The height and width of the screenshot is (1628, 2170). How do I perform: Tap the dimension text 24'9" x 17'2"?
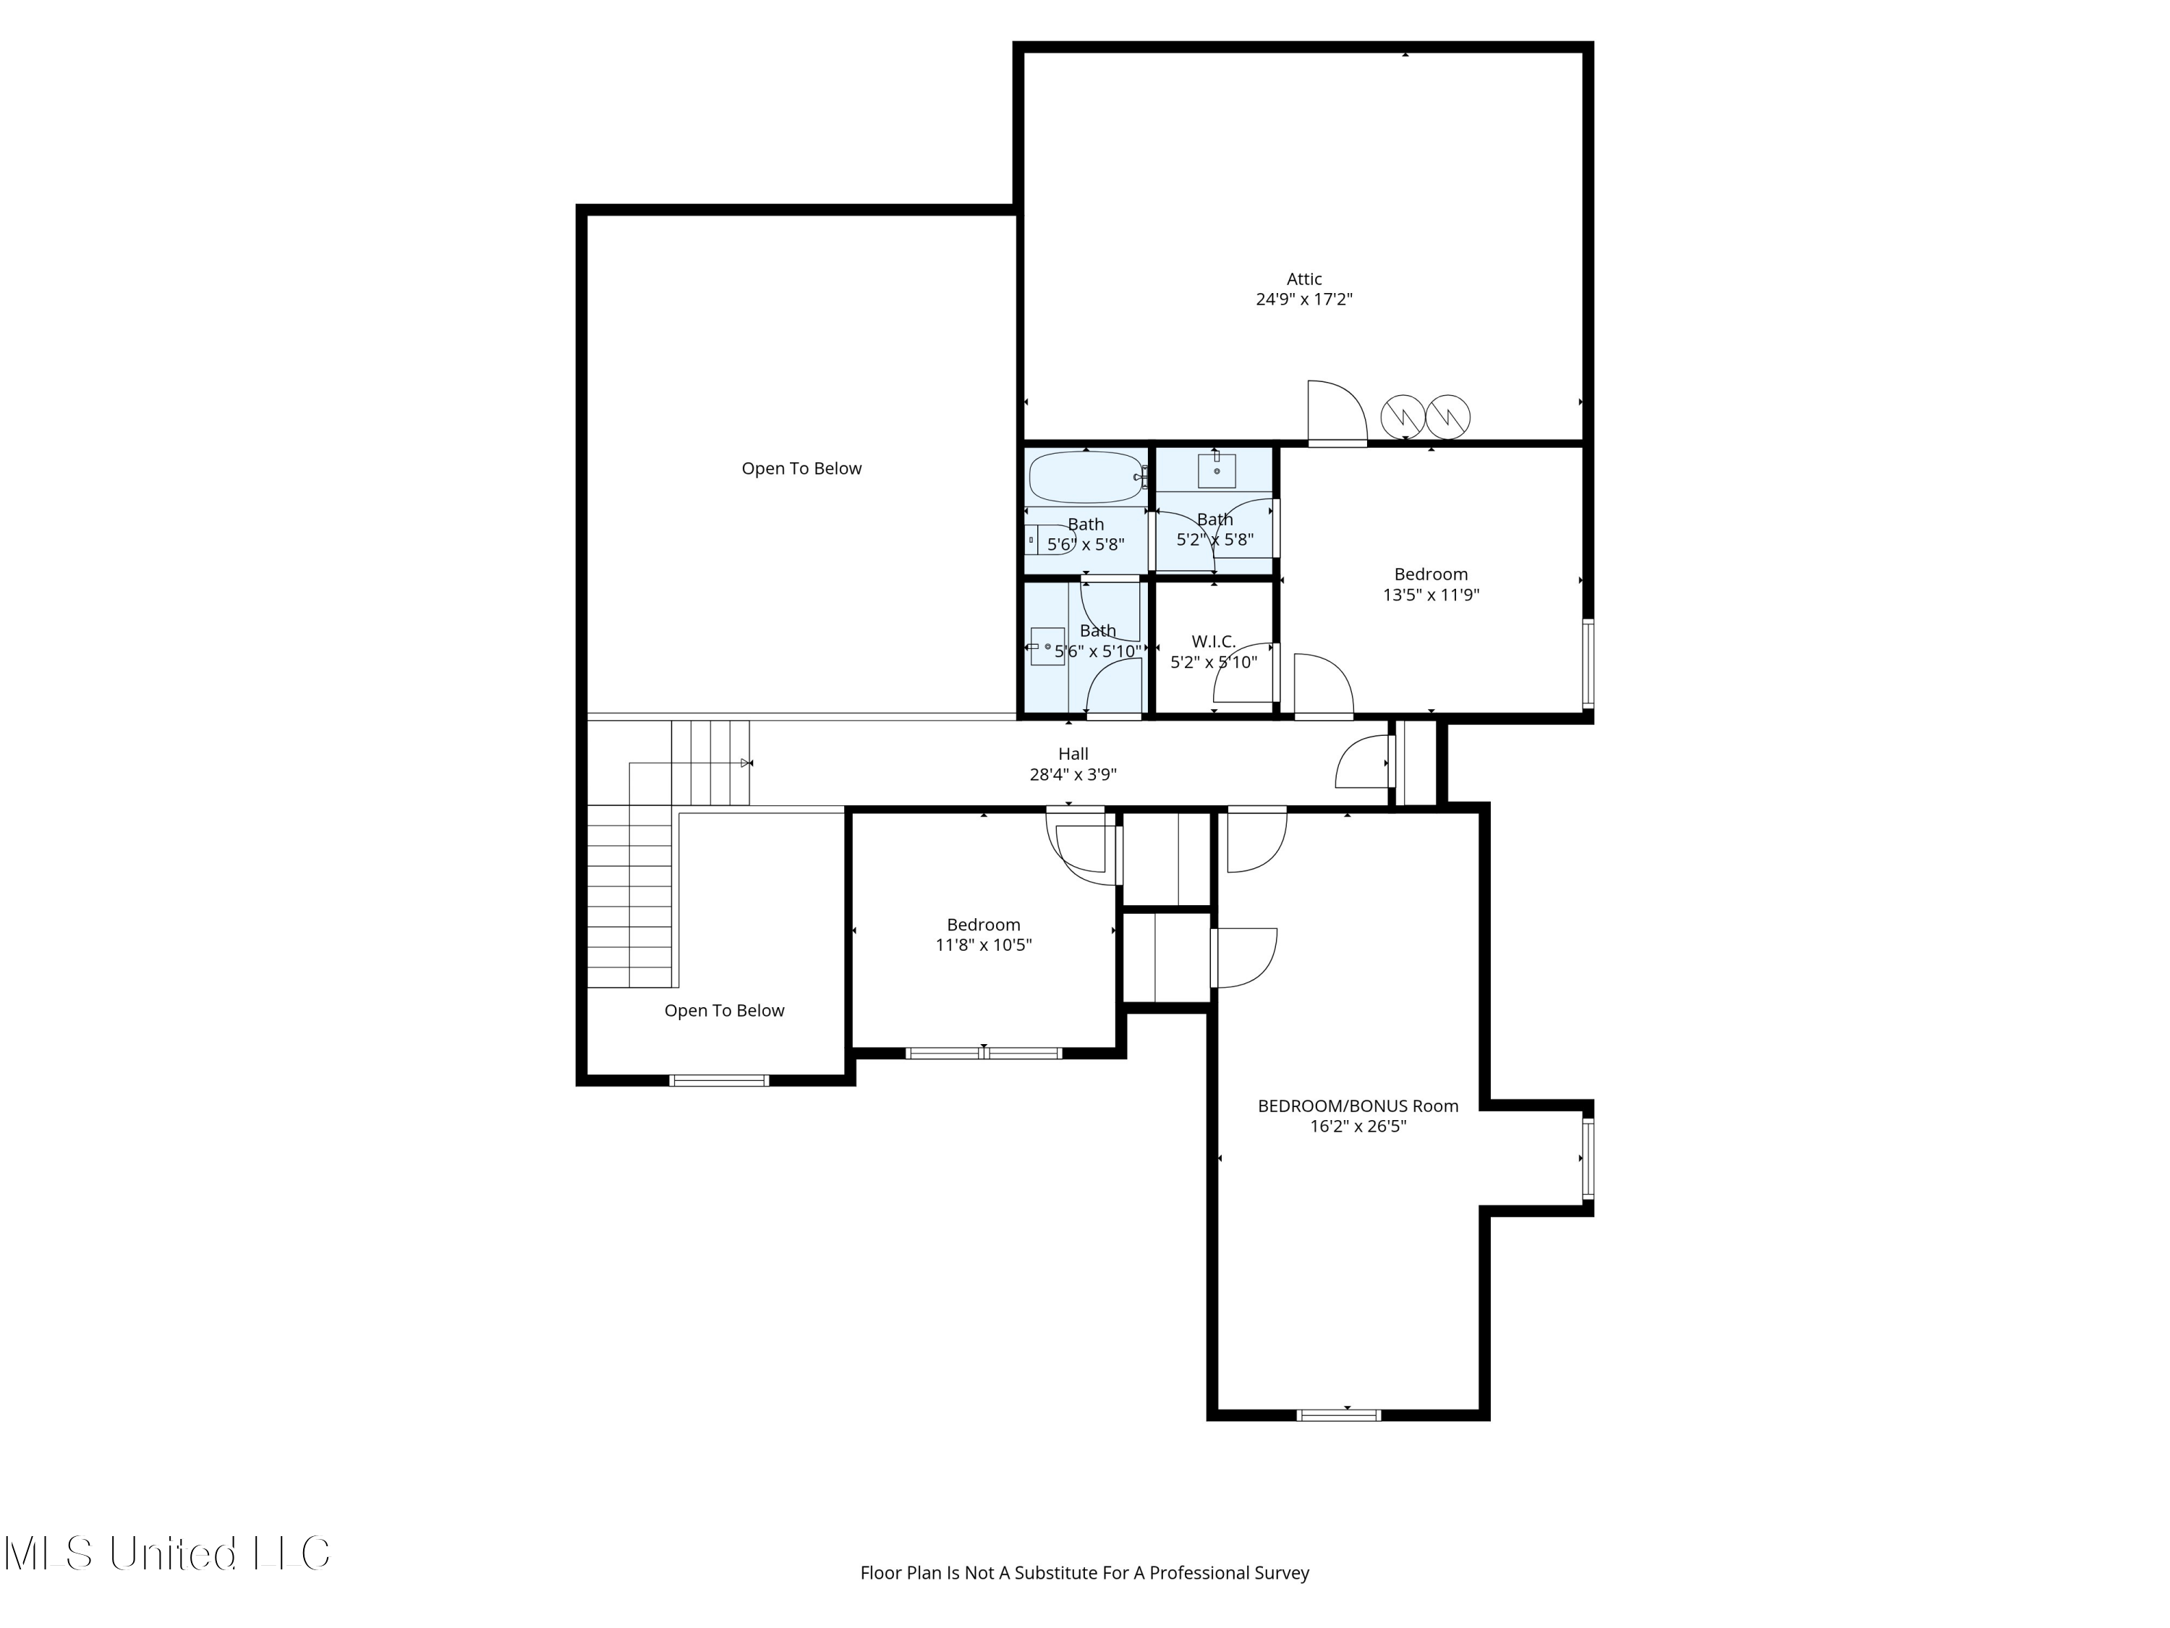(x=1303, y=300)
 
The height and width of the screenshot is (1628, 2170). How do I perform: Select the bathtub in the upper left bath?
(x=1085, y=477)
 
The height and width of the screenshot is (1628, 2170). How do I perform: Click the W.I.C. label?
(x=1214, y=642)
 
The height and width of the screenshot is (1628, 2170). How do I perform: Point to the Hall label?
(x=1073, y=755)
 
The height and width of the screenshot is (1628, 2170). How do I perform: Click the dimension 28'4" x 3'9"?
(x=1073, y=775)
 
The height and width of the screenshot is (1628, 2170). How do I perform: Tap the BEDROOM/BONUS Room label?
(x=1358, y=1106)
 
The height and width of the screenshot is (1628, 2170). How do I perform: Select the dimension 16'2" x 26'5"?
(x=1358, y=1127)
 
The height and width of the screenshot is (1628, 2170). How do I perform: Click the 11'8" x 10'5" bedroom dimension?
(x=983, y=945)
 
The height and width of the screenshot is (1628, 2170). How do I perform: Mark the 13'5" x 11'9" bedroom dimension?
(x=1430, y=595)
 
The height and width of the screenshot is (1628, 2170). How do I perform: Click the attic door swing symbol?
(x=1336, y=412)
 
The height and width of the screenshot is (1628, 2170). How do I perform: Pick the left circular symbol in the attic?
(x=1403, y=417)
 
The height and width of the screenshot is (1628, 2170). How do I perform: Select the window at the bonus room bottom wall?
(x=1338, y=1415)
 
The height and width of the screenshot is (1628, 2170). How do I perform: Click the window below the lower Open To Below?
(x=718, y=1080)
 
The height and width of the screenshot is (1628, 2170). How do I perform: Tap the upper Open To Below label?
(x=801, y=469)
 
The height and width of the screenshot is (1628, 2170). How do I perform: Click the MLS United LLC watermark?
(x=167, y=1553)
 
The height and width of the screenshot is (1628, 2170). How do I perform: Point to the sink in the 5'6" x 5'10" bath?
(x=1047, y=647)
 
